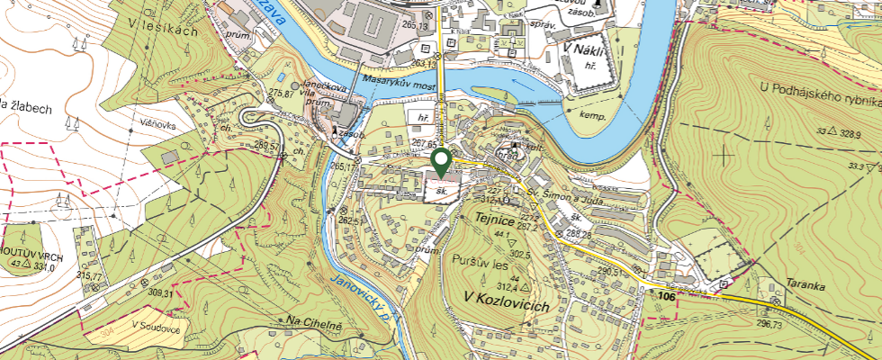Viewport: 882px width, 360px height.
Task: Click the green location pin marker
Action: click(x=441, y=162)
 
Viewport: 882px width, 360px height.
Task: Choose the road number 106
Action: click(x=666, y=296)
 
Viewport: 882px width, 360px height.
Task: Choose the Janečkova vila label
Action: click(x=329, y=91)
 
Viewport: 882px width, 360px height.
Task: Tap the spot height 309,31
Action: click(x=159, y=293)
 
